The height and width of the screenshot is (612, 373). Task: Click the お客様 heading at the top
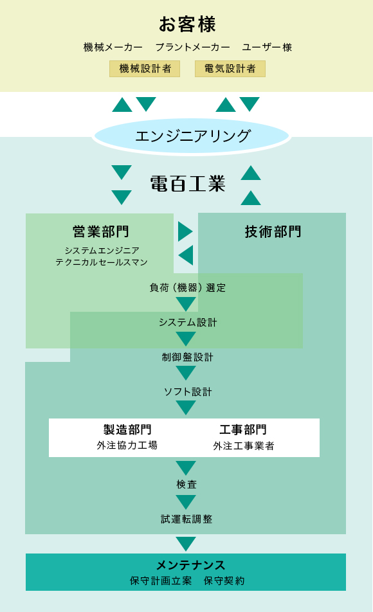(187, 24)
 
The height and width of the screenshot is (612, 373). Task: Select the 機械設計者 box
(145, 69)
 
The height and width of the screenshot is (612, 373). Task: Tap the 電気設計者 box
(230, 69)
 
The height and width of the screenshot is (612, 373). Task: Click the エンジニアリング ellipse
(192, 136)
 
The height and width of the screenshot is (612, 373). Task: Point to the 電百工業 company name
(188, 183)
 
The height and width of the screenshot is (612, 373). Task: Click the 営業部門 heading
(101, 231)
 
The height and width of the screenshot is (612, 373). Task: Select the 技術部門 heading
(273, 231)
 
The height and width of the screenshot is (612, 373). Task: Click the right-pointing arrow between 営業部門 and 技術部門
(185, 231)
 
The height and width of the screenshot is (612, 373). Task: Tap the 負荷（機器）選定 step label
(188, 288)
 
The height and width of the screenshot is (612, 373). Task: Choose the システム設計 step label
(188, 323)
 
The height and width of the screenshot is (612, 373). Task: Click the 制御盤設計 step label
(188, 357)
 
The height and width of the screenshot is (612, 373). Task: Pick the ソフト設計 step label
(188, 392)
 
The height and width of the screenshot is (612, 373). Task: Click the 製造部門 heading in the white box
(127, 429)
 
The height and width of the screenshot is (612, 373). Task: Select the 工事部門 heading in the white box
(243, 429)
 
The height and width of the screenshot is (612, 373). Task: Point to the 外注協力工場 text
(127, 446)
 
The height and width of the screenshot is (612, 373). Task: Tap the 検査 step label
(186, 484)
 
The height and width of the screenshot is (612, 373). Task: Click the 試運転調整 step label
(186, 519)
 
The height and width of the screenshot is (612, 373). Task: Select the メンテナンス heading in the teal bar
(190, 565)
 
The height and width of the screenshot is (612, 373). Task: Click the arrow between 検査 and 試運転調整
(186, 502)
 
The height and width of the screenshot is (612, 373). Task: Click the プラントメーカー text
(192, 47)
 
